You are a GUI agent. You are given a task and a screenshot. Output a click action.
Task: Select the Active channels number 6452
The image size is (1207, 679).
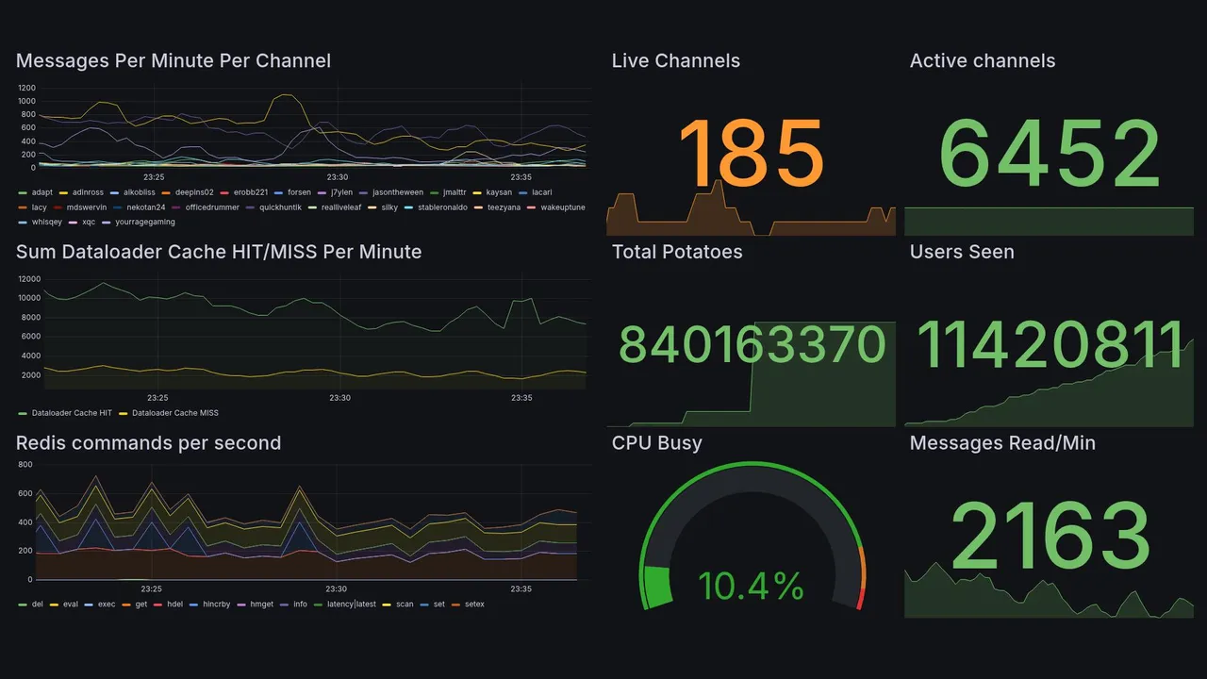click(x=1050, y=155)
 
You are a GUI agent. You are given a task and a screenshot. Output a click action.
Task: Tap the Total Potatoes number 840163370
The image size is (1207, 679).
click(x=752, y=345)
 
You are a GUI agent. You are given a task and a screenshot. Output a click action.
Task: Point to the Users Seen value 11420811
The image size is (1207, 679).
click(x=1050, y=344)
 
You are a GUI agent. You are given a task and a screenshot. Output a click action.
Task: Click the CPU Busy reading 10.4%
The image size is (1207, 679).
click(x=751, y=587)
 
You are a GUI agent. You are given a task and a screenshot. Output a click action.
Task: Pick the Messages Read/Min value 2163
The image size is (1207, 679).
click(x=1050, y=535)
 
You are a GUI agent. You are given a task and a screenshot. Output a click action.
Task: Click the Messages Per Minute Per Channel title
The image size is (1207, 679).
click(x=174, y=61)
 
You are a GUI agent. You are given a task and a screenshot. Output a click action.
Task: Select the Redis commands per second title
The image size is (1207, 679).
click(x=149, y=443)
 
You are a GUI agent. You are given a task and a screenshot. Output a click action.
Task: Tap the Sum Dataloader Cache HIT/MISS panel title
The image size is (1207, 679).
click(x=219, y=252)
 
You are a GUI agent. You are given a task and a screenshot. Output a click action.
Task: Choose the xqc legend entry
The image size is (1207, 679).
click(x=88, y=223)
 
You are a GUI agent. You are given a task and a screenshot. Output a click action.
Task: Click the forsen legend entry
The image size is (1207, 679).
click(x=298, y=192)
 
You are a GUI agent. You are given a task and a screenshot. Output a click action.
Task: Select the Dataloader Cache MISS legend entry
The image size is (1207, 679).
click(x=174, y=413)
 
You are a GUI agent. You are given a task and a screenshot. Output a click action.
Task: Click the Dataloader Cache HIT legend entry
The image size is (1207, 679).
click(x=71, y=413)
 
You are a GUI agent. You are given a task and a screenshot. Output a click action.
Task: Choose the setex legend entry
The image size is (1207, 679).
click(x=473, y=604)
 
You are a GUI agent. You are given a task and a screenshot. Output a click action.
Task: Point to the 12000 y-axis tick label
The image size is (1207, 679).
click(x=28, y=279)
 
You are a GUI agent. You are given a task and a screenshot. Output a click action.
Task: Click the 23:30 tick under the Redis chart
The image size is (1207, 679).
click(x=338, y=588)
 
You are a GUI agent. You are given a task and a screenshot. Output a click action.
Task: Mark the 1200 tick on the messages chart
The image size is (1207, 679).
click(x=26, y=88)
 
